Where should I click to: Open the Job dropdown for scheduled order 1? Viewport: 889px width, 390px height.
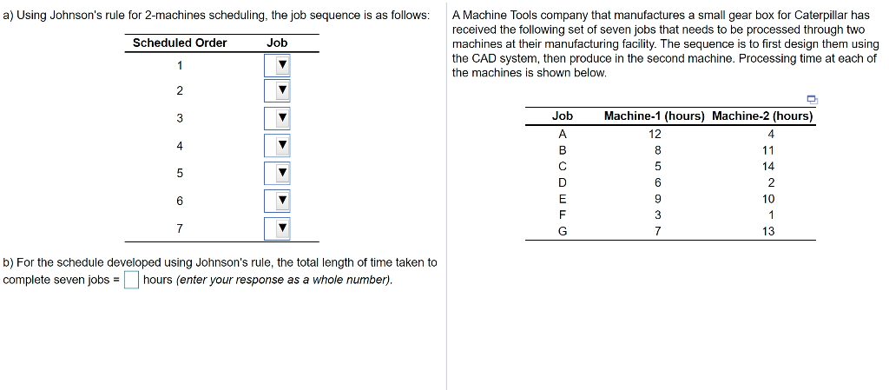point(277,66)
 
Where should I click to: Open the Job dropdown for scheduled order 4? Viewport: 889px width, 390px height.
point(277,146)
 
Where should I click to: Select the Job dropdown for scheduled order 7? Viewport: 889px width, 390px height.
point(277,228)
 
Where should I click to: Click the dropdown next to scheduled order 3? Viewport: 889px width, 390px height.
point(277,119)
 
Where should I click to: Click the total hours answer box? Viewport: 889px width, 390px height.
point(131,280)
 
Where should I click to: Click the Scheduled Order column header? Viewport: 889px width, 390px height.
point(180,43)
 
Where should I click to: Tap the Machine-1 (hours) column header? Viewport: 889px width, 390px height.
point(654,116)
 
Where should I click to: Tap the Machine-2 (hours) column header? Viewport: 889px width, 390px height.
point(762,116)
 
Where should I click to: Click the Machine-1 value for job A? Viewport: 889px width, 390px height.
point(655,134)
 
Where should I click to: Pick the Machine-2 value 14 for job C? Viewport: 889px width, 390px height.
point(767,166)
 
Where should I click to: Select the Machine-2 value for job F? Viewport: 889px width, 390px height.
point(770,215)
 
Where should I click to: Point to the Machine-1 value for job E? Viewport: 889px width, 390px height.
point(658,198)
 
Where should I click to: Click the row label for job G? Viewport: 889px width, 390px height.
point(563,231)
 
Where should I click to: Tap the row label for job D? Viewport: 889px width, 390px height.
point(563,182)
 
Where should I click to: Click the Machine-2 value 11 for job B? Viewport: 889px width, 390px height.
point(767,150)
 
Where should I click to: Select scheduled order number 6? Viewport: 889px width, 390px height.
point(180,201)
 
